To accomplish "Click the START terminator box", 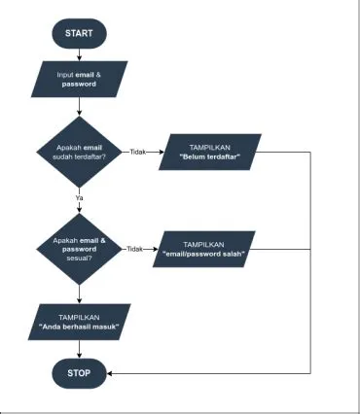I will (x=80, y=33).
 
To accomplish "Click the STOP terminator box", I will (x=80, y=372).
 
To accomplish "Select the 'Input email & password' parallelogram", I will (x=80, y=78).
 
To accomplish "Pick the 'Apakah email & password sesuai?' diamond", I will (x=80, y=249).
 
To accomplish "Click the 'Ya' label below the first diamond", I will (x=79, y=198).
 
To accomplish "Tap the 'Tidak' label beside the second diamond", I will (x=137, y=250).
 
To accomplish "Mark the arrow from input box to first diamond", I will (x=80, y=108).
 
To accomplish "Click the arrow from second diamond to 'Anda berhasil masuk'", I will (x=80, y=294).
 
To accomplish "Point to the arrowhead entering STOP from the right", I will (x=111, y=372).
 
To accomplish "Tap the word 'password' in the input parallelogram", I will (x=80, y=84).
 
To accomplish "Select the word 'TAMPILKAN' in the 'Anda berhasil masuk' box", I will (x=80, y=317).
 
